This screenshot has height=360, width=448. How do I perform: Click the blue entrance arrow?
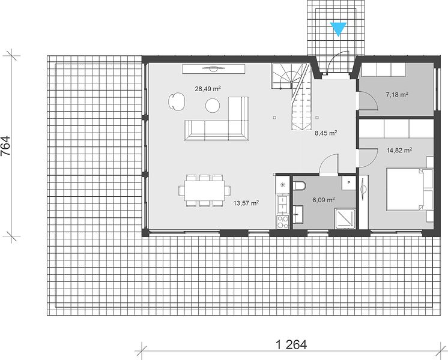pyautogui.click(x=338, y=29)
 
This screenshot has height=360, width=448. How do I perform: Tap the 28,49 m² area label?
pyautogui.click(x=208, y=89)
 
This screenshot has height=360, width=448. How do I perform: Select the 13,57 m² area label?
pyautogui.click(x=246, y=203)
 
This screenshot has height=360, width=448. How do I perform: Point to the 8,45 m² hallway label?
pyautogui.click(x=326, y=133)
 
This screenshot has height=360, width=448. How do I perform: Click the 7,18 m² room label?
pyautogui.click(x=397, y=94)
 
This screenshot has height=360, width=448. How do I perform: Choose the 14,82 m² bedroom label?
pyautogui.click(x=399, y=150)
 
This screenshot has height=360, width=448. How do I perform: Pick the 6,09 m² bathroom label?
pyautogui.click(x=324, y=200)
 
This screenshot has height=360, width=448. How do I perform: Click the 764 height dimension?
pyautogui.click(x=6, y=146)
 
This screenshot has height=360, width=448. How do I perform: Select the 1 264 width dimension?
pyautogui.click(x=291, y=344)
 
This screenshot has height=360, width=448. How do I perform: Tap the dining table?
pyautogui.click(x=204, y=190)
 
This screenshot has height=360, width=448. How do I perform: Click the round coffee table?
pyautogui.click(x=213, y=106)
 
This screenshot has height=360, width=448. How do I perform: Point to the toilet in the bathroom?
pyautogui.click(x=299, y=186)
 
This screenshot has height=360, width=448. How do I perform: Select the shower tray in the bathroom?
pyautogui.click(x=345, y=218)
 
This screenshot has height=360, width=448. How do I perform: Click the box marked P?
pyautogui.click(x=349, y=183)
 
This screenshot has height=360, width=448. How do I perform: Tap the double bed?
pyautogui.click(x=410, y=189)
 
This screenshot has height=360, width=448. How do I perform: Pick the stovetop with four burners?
pyautogui.click(x=283, y=222)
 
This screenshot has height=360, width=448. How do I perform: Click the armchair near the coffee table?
pyautogui.click(x=177, y=101)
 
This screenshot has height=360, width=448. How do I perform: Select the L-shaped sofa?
pyautogui.click(x=217, y=119)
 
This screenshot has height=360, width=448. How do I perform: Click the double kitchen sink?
pyautogui.click(x=283, y=204)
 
